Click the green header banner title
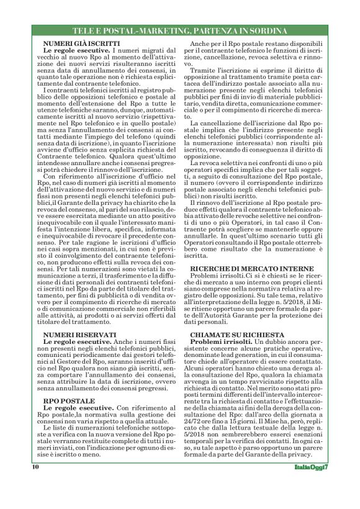point(179,30)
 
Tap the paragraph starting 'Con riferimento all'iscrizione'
point(103,236)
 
